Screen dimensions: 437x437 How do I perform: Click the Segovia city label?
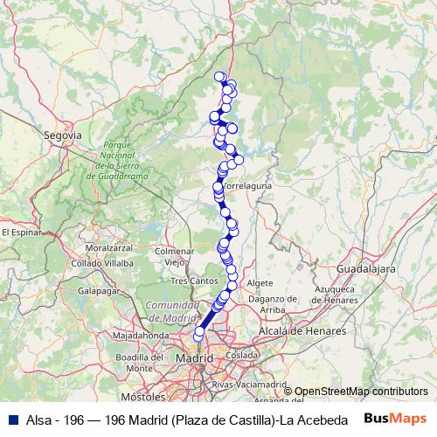coord(62,135)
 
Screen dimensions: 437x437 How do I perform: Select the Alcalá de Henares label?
coord(297,331)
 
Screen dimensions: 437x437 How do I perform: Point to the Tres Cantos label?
coord(193,281)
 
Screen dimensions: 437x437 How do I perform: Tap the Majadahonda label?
coord(140,335)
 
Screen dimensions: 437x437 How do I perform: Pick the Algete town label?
coord(260,284)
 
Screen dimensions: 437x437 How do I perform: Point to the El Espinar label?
coord(21,232)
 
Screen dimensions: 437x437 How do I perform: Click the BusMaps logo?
coord(394,419)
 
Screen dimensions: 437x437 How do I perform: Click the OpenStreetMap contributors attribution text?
coord(361,391)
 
